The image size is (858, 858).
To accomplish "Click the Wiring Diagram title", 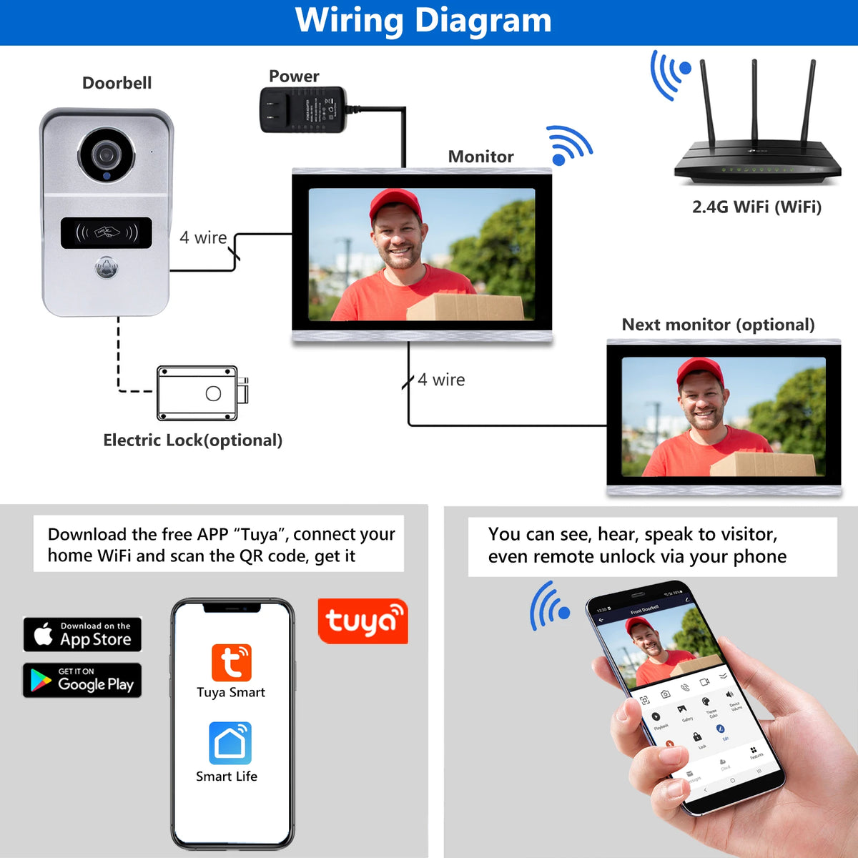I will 423,21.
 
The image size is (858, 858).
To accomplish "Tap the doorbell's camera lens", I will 107,154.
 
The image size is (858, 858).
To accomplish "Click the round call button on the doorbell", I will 107,268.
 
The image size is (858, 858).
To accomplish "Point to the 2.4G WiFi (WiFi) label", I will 756,207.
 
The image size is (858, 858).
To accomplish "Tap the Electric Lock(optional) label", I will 192,440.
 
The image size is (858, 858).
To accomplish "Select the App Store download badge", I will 82,634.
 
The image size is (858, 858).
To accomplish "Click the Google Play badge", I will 82,680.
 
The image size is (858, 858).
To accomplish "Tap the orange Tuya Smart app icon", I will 231,662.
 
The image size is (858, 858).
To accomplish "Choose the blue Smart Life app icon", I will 230,743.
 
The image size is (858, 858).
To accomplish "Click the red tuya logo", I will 363,621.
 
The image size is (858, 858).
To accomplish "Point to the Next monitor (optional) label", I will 718,325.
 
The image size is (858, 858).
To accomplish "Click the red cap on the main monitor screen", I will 395,203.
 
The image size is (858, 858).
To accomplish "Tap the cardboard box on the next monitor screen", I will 762,463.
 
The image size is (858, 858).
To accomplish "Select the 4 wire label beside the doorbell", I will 203,237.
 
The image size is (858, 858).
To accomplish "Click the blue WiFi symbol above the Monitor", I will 568,144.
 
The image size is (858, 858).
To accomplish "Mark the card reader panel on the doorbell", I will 107,233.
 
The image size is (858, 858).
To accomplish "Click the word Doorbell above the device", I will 117,83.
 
